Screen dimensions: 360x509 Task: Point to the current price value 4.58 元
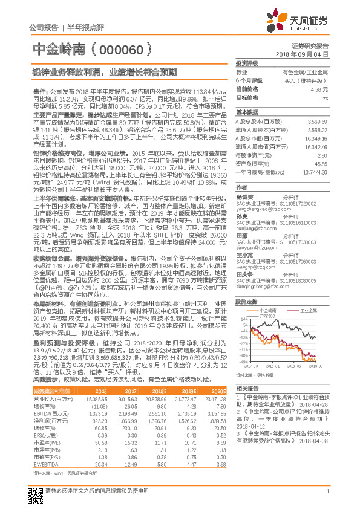319,89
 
